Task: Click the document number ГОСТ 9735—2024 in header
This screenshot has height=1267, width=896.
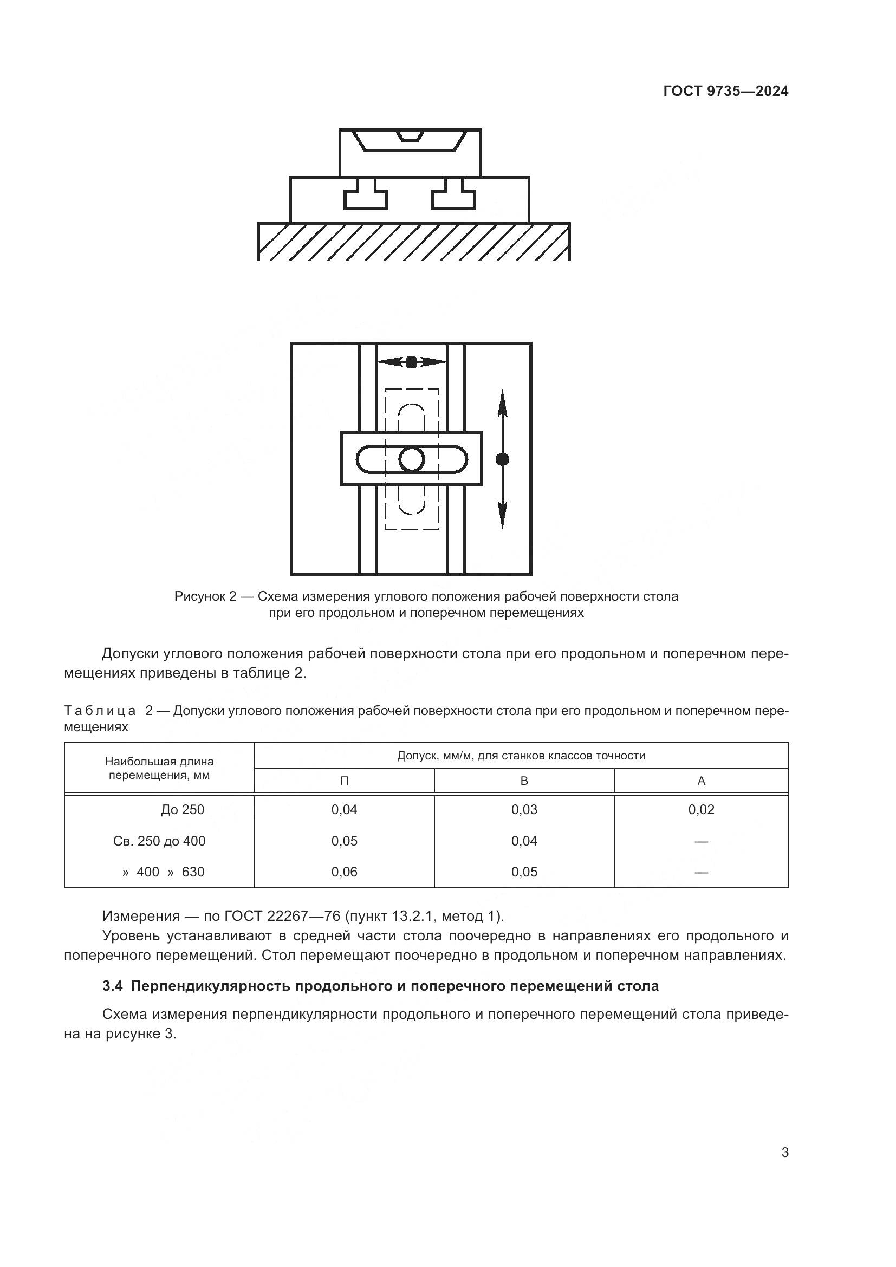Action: pos(725,92)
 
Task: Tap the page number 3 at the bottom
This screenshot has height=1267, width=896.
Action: pos(784,1152)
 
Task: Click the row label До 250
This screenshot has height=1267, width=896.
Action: pos(183,809)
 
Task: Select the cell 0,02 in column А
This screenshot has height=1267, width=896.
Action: pos(701,809)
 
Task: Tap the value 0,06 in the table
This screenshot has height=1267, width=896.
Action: pos(345,872)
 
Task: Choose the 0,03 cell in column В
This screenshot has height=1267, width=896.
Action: pos(524,809)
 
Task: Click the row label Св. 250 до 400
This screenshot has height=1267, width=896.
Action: pos(159,841)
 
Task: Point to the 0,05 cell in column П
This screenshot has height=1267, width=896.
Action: pos(345,841)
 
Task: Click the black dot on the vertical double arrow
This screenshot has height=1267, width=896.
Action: pos(502,459)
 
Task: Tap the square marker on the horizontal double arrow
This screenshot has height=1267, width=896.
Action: pos(412,362)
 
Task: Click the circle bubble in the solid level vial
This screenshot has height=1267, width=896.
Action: pos(412,459)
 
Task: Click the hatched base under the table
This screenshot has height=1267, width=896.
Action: pos(414,242)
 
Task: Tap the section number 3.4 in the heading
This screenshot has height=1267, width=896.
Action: pos(113,986)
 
